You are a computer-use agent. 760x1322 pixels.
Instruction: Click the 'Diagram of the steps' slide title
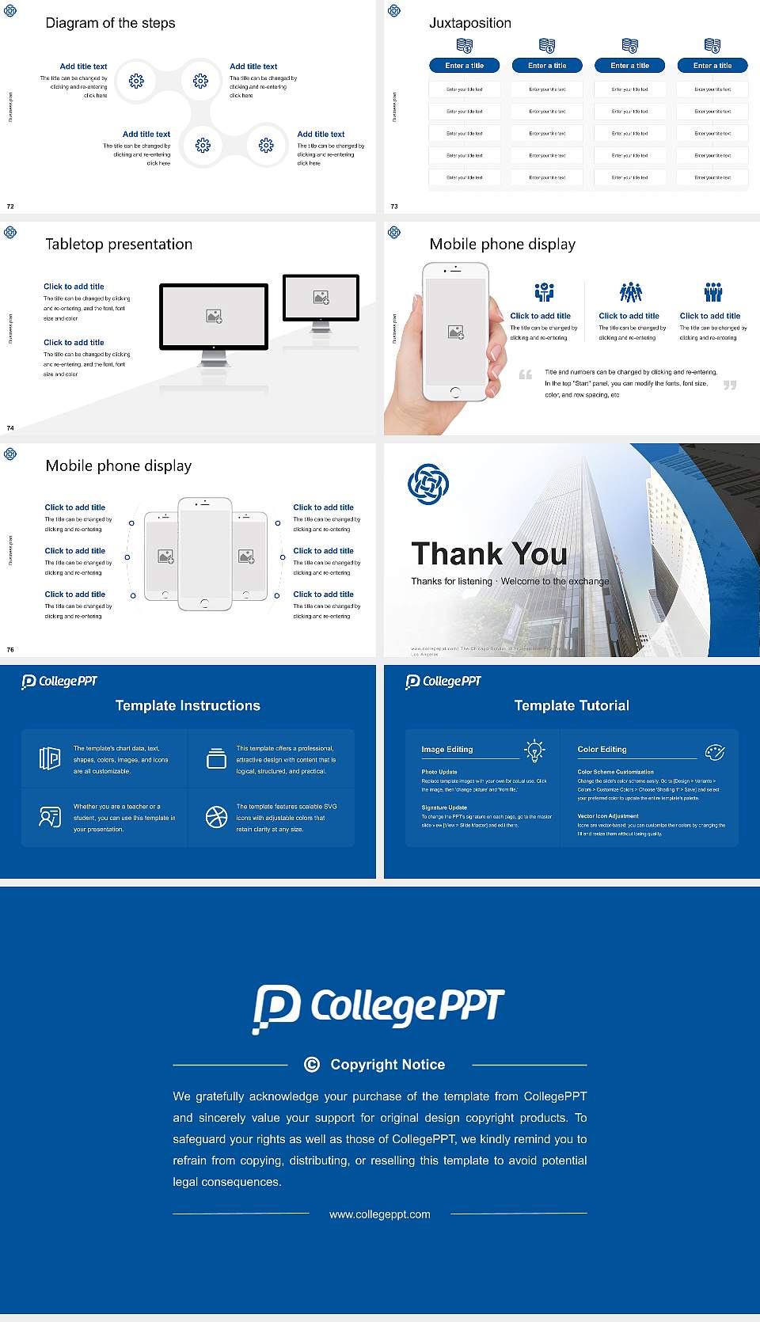pos(110,23)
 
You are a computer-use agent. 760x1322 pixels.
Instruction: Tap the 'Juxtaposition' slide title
pos(469,23)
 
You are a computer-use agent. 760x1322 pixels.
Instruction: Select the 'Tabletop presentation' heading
pos(119,244)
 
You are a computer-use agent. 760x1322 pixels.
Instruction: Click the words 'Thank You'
pos(488,553)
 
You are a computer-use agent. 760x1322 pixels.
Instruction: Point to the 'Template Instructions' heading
pos(188,705)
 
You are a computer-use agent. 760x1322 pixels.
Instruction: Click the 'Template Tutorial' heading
pos(572,705)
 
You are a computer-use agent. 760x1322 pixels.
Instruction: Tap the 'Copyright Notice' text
pos(387,1065)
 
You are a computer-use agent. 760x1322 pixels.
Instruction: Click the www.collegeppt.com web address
pos(380,1214)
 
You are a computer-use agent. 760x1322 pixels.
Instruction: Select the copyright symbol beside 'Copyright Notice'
pos(312,1065)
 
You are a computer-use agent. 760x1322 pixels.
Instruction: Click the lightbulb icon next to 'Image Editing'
pos(534,750)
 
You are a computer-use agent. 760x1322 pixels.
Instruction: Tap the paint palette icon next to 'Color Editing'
pos(715,751)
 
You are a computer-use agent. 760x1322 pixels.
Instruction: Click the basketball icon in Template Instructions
pos(216,817)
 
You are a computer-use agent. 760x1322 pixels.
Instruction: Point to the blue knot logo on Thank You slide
pos(428,484)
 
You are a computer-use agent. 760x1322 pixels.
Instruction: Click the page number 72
pos(10,206)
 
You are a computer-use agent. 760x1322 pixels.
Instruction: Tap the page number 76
pos(10,649)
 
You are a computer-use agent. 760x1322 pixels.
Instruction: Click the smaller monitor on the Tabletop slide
pos(321,299)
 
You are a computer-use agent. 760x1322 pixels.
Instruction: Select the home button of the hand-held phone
pos(454,392)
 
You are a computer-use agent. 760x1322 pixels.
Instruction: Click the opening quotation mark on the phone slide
pos(525,374)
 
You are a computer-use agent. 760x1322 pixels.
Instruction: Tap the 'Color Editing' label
pos(602,749)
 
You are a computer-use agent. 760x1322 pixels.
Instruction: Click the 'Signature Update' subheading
pos(444,807)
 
